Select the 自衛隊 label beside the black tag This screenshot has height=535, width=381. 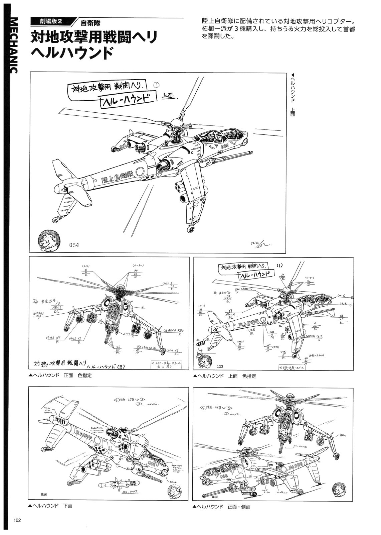(x=90, y=23)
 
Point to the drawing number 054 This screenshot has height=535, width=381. (x=74, y=245)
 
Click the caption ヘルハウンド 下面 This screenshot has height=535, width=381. (x=52, y=506)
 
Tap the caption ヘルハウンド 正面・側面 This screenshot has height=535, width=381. (x=223, y=507)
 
